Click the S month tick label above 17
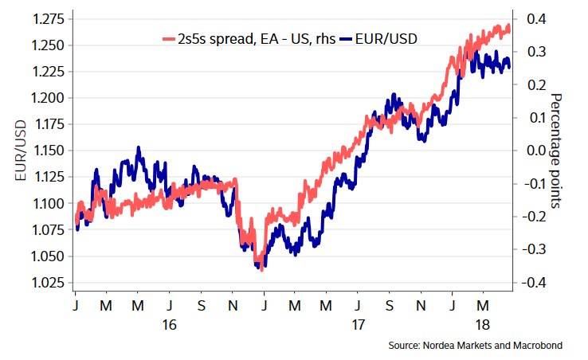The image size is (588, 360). pos(388,306)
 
